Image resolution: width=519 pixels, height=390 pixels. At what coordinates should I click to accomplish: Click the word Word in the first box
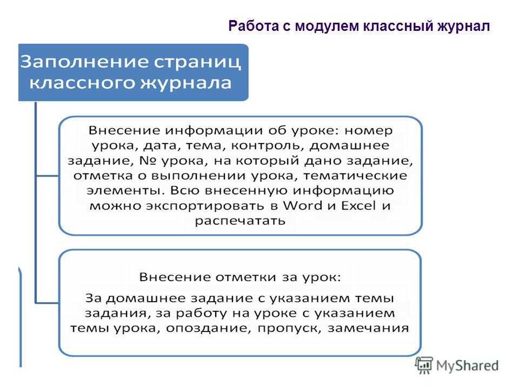(303, 205)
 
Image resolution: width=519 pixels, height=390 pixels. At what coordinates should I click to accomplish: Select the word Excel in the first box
(358, 205)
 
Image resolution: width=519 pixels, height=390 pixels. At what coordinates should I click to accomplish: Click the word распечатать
(240, 221)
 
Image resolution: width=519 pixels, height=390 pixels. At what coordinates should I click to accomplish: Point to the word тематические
(355, 175)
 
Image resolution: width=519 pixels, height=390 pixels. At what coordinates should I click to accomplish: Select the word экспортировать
(206, 206)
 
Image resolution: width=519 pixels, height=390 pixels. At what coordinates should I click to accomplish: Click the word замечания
(368, 328)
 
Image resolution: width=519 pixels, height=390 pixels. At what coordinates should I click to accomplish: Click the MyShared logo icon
(424, 365)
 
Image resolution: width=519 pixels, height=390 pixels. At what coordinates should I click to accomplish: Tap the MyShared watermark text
(467, 366)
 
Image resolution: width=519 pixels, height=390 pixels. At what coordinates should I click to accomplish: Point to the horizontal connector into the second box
(47, 303)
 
